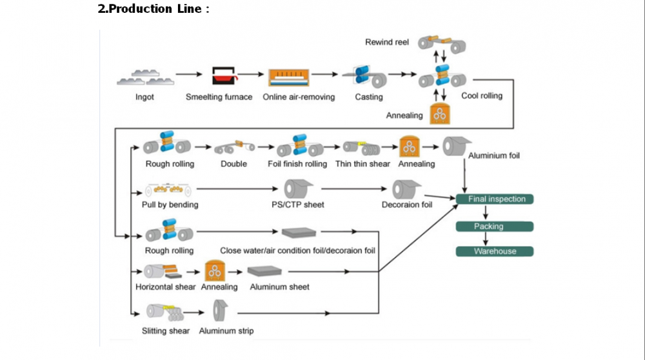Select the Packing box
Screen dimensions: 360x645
(x=495, y=226)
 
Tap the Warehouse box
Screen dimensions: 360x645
(x=495, y=251)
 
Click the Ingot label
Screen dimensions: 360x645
(x=144, y=97)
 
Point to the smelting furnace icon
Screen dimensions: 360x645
(x=224, y=76)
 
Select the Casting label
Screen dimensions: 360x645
(x=368, y=97)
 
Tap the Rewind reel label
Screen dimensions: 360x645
(x=387, y=43)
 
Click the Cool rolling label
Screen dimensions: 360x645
(x=481, y=96)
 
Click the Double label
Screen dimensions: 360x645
(x=233, y=164)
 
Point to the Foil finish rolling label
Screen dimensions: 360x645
(x=297, y=164)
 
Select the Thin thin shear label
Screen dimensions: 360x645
(x=362, y=164)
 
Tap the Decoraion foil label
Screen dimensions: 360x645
(x=407, y=205)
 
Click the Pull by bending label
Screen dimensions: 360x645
(x=170, y=205)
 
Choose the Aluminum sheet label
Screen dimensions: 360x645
(x=279, y=286)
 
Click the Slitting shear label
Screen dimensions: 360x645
(x=166, y=331)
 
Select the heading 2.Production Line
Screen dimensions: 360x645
(x=153, y=9)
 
